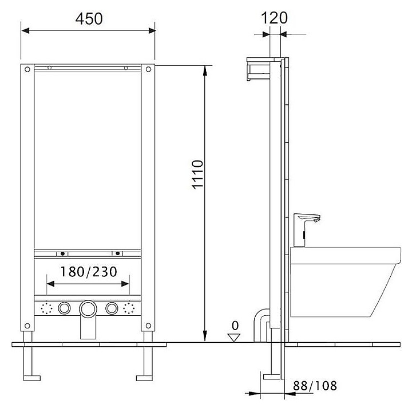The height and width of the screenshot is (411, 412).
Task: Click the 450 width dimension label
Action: pyautogui.click(x=89, y=19)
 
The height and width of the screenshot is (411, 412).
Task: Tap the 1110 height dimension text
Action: pyautogui.click(x=197, y=175)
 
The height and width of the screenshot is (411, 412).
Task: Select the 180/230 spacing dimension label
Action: pyautogui.click(x=89, y=272)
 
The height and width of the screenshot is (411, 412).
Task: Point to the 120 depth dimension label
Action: pyautogui.click(x=274, y=18)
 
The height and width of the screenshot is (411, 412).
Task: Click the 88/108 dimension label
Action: pyautogui.click(x=315, y=386)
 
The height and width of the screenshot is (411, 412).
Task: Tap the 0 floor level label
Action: pyautogui.click(x=235, y=326)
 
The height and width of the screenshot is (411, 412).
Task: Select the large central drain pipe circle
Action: pyautogui.click(x=88, y=309)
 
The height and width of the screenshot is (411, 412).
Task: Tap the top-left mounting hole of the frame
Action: pyautogui.click(x=27, y=69)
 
